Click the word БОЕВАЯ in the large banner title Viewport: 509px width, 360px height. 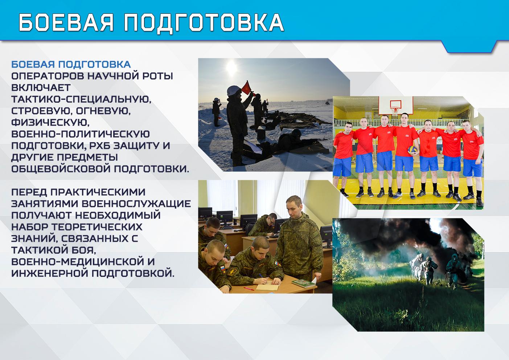[66, 22]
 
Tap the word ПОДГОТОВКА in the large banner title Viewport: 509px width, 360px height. [204, 22]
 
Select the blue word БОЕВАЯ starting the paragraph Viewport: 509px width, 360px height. [33, 64]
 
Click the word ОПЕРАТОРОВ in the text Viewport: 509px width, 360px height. [48, 76]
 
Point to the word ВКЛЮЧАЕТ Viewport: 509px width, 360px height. [41, 87]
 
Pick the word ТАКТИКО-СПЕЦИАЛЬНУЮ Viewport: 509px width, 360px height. [81, 99]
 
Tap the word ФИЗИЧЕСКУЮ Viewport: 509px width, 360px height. [50, 123]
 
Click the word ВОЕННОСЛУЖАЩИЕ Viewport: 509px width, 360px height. [136, 204]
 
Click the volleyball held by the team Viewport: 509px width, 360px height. [413, 150]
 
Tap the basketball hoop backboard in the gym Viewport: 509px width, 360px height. [395, 106]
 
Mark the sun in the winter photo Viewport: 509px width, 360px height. [231, 67]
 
